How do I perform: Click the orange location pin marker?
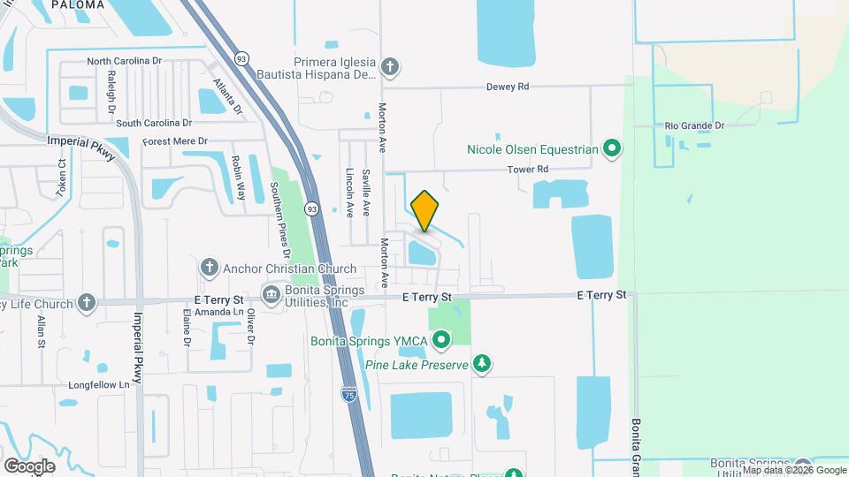coord(424,210)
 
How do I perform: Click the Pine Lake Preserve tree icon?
coord(481,363)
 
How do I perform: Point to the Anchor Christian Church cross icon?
coord(210,268)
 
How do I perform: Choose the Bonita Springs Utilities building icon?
coord(271,293)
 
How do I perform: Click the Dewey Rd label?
coord(508,87)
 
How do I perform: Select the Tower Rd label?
coord(528,169)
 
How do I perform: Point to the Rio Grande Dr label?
coord(695,125)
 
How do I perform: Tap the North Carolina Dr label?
coord(125,62)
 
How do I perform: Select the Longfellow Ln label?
coord(99,384)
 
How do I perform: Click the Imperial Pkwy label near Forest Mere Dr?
coord(81,147)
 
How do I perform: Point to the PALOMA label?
coord(78,5)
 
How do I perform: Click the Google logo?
coord(29,466)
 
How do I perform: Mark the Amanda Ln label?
coord(220,312)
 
